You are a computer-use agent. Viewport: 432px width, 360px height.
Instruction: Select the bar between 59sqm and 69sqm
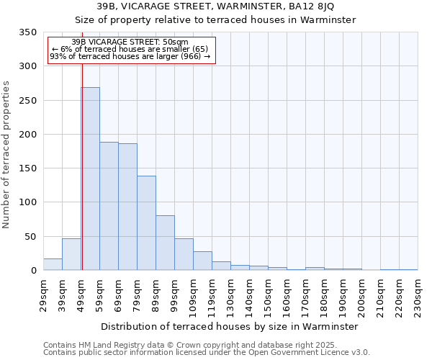109,206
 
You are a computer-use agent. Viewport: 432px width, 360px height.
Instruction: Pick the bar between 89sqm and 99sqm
165,243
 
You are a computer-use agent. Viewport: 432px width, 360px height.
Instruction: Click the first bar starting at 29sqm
53,264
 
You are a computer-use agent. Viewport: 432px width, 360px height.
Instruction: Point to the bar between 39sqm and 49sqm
71,254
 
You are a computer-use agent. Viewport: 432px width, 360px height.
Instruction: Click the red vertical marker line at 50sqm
82,166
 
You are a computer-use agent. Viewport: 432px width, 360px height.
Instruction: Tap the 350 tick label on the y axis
27,32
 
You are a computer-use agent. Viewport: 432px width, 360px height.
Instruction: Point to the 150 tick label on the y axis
27,168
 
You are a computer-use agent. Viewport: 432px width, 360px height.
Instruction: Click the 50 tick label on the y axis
30,236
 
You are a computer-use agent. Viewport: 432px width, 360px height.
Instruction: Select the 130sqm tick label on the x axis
231,295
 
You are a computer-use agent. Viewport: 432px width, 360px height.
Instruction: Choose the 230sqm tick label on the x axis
418,295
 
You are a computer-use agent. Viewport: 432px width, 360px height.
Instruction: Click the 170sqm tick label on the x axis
306,295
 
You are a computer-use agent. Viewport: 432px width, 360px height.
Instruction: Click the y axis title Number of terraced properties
7,154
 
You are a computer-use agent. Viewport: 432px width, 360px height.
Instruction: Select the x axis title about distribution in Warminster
230,326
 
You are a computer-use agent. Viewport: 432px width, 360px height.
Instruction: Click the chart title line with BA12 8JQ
215,6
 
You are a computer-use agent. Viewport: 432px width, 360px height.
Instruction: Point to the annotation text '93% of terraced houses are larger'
130,56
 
